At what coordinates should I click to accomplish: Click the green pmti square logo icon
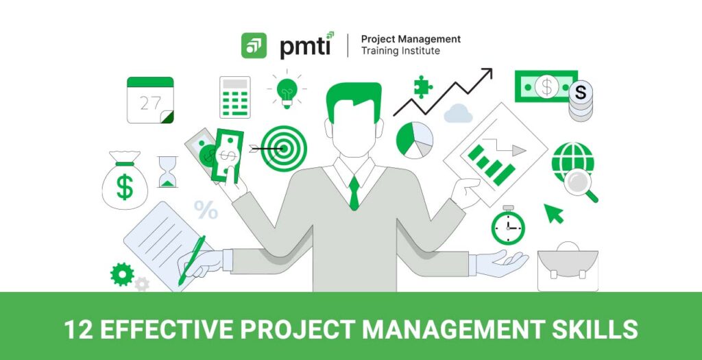(254, 46)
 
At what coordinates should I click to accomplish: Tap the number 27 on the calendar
(150, 104)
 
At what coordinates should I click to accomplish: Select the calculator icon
(235, 97)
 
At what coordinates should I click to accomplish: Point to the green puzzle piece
(422, 86)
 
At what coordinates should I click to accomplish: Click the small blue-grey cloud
(458, 114)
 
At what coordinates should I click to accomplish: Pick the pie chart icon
(415, 140)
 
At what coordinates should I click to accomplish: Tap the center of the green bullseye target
(284, 148)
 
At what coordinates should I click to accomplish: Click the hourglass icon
(167, 171)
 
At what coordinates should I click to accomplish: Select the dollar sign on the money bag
(125, 187)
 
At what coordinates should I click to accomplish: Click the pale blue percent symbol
(206, 210)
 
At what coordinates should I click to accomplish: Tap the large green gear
(122, 274)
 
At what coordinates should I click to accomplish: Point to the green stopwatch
(508, 226)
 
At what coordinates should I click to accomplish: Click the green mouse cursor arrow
(553, 213)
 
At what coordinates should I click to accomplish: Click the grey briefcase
(568, 267)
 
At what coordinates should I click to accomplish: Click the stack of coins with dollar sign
(581, 101)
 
